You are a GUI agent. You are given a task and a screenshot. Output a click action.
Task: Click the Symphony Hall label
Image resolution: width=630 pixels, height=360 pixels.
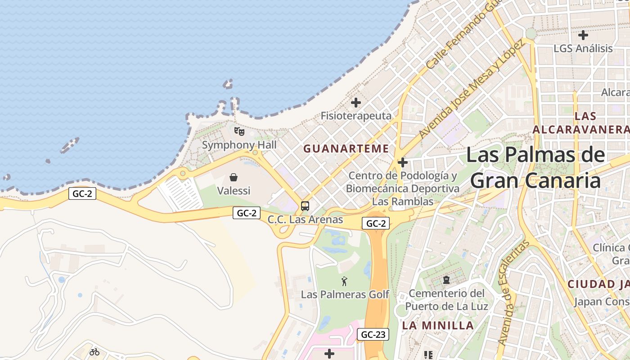click(x=239, y=145)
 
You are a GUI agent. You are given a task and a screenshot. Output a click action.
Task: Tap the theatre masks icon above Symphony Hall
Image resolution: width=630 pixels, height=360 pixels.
click(x=239, y=131)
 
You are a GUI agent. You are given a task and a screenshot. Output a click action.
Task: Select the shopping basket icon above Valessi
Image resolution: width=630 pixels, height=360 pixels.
click(x=234, y=177)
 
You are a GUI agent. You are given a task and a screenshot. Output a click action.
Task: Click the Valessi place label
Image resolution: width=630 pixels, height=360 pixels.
click(x=234, y=191)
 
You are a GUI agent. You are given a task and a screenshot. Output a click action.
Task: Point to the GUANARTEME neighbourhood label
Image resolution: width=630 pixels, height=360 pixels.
click(x=346, y=148)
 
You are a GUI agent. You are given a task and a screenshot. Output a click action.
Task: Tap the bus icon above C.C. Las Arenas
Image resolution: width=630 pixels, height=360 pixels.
click(x=305, y=206)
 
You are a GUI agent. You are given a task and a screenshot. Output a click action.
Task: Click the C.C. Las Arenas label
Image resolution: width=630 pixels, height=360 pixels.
click(x=305, y=220)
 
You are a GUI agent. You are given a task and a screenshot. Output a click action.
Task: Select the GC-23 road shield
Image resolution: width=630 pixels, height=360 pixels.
click(x=373, y=334)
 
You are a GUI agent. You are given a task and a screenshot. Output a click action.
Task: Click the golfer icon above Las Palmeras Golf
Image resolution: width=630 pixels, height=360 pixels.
click(x=345, y=282)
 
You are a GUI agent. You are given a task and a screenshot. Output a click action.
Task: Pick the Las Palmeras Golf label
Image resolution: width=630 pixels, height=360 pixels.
click(x=345, y=295)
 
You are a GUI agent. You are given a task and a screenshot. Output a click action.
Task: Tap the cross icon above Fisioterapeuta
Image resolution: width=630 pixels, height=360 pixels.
click(x=356, y=103)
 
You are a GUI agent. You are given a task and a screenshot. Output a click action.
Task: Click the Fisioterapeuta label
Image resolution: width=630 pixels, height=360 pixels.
click(x=356, y=116)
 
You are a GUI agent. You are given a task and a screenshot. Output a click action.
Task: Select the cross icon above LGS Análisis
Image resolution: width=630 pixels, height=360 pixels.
click(x=583, y=35)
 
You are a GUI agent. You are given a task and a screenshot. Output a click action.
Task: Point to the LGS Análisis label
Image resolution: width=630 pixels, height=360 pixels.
click(x=583, y=48)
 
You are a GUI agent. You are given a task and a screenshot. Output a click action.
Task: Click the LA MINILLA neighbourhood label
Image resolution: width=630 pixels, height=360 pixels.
click(x=438, y=325)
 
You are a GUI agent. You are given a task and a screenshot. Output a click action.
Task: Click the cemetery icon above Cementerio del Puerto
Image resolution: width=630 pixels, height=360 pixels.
click(x=446, y=280)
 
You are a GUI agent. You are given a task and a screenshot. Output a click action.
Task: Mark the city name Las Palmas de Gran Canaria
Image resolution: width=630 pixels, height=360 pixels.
click(x=535, y=167)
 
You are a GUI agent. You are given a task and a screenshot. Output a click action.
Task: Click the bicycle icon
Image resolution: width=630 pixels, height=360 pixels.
click(x=94, y=352)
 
